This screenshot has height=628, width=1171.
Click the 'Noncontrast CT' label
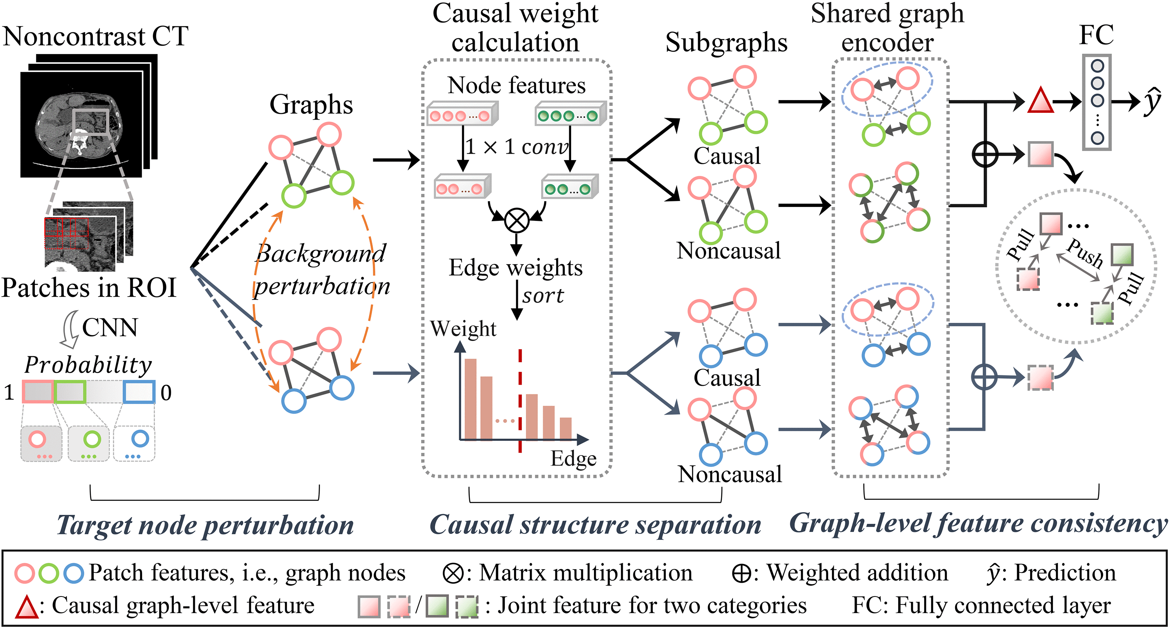pyautogui.click(x=95, y=36)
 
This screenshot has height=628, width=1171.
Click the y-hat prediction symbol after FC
pyautogui.click(x=1152, y=102)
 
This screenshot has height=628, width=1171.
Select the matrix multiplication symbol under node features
pyautogui.click(x=516, y=220)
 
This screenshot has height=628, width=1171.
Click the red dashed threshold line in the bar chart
pyautogui.click(x=520, y=400)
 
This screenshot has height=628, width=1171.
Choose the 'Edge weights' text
pyautogui.click(x=516, y=267)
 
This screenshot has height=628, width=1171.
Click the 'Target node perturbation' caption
pyautogui.click(x=205, y=525)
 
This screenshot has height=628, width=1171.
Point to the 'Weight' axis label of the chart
pyautogui.click(x=463, y=328)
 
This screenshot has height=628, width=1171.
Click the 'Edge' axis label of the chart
pyautogui.click(x=574, y=459)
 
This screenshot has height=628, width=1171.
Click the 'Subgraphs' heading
pyautogui.click(x=726, y=43)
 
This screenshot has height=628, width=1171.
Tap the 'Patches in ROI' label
pyautogui.click(x=89, y=288)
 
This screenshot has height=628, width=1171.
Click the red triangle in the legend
pyautogui.click(x=25, y=607)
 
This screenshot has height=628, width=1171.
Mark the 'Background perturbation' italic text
pyautogui.click(x=322, y=269)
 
